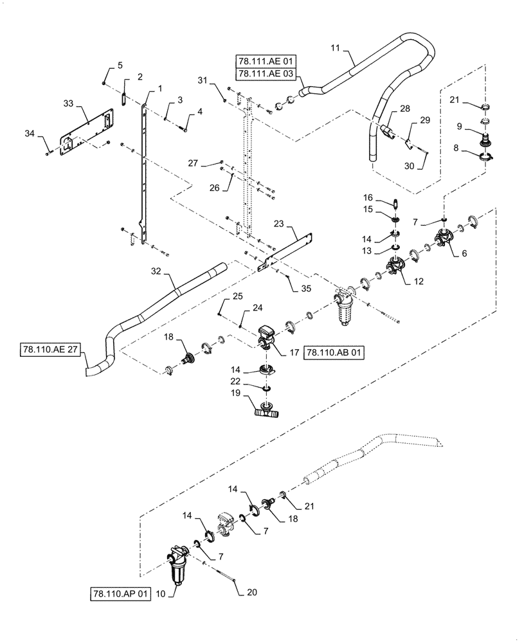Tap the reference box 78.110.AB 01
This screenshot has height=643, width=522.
[334, 352]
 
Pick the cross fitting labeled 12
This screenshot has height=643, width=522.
[396, 264]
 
